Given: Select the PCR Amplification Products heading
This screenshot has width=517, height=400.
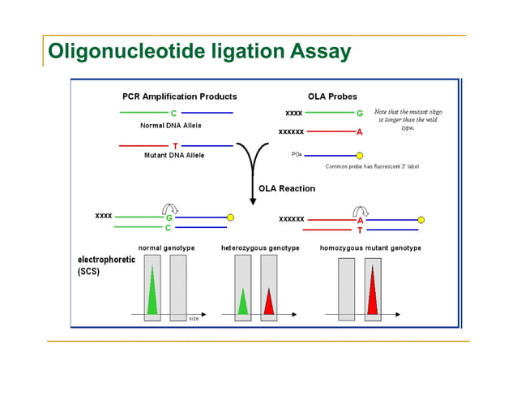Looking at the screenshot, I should (x=179, y=97).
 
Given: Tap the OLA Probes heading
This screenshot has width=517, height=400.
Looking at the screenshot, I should (x=332, y=97).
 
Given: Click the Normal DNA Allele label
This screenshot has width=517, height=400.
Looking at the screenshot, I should (x=171, y=126).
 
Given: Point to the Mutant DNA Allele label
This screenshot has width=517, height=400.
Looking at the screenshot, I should (x=173, y=155).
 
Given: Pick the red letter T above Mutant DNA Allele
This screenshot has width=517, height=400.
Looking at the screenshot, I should (x=174, y=146).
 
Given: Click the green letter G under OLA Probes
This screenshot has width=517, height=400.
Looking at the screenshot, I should (x=359, y=113).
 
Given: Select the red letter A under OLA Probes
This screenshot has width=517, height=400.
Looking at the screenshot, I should (x=359, y=131).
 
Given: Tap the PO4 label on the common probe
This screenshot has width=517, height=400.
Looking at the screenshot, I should (x=296, y=154).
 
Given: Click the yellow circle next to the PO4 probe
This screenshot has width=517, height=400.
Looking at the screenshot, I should (x=360, y=155).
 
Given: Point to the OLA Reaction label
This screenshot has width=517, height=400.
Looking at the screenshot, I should (x=286, y=188).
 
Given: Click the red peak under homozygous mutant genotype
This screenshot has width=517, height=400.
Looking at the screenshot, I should (x=372, y=290).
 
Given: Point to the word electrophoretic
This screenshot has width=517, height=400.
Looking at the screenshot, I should (x=106, y=260).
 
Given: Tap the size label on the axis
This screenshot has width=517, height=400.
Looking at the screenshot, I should (x=194, y=318).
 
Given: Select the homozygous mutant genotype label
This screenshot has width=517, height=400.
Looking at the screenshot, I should (x=370, y=247).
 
